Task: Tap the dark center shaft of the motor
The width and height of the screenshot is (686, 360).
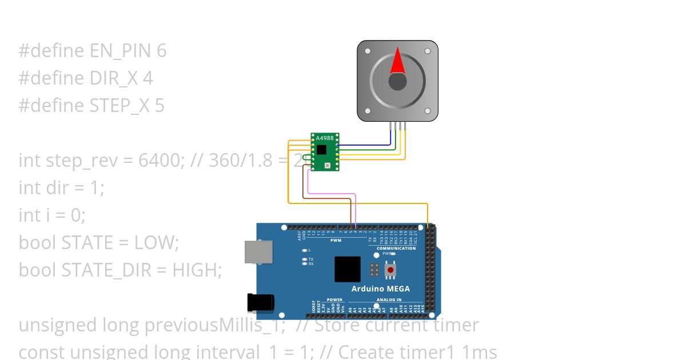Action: (x=398, y=82)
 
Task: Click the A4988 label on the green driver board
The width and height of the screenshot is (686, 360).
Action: (x=324, y=138)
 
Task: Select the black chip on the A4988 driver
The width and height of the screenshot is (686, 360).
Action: (x=322, y=150)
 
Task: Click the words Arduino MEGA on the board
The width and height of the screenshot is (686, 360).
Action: (x=380, y=289)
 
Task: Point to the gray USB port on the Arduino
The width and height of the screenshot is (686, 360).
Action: (x=255, y=251)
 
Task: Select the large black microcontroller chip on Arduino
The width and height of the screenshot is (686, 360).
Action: (x=348, y=269)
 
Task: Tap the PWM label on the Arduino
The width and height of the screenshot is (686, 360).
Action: (x=336, y=241)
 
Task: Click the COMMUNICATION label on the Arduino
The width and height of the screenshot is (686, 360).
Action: (x=396, y=249)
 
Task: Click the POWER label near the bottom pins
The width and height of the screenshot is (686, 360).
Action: (x=334, y=299)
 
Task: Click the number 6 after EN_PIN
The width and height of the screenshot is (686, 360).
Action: (x=161, y=51)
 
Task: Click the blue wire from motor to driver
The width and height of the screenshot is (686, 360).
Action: (x=366, y=145)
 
